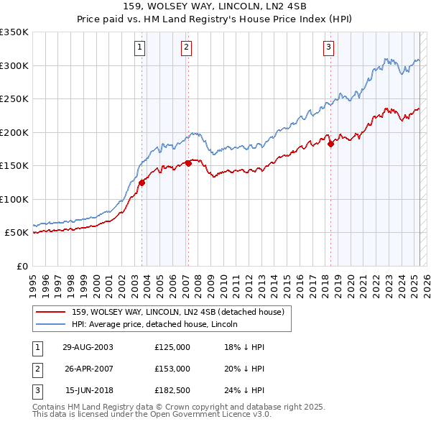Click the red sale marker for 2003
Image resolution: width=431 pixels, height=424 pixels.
tap(142, 183)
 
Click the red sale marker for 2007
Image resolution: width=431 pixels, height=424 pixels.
tap(188, 163)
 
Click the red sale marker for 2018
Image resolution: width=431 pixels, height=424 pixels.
tap(331, 144)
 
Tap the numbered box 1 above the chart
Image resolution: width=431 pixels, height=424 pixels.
tap(139, 48)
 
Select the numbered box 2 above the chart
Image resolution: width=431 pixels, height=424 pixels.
tap(186, 48)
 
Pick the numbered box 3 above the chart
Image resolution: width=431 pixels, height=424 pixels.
tap(328, 48)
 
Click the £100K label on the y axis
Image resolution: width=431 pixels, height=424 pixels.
tap(14, 199)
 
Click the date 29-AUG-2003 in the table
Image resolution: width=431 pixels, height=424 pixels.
tap(88, 346)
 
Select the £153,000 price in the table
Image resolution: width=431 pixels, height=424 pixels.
tap(172, 369)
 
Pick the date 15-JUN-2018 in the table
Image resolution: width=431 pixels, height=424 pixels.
tap(88, 391)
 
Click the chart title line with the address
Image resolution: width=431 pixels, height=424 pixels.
tap(215, 8)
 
